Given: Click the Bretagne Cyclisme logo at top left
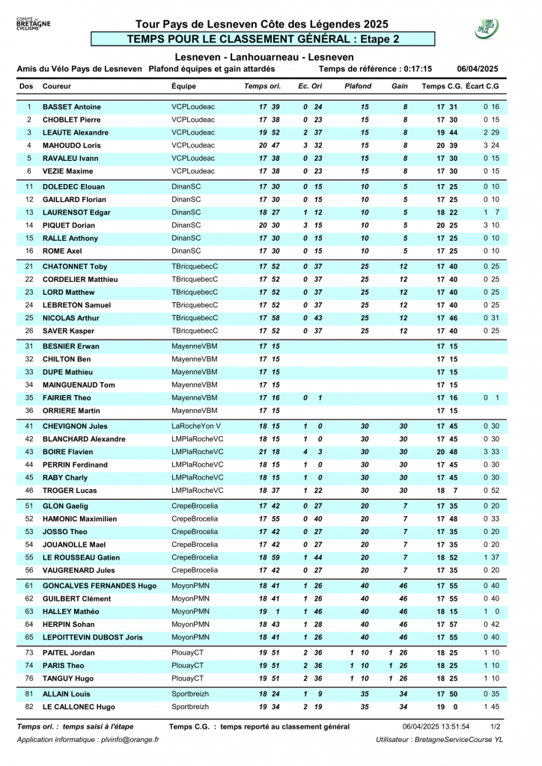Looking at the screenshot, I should point(33,25).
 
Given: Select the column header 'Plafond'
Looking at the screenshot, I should point(357,87).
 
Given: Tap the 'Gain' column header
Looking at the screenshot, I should point(400,87).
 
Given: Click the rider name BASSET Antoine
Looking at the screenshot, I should point(72,107).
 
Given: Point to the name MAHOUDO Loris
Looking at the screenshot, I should point(72,145).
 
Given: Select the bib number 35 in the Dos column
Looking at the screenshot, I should point(29,398).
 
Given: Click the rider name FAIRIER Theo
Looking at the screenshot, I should point(67,398).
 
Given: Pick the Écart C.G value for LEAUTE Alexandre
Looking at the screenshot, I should point(491,132).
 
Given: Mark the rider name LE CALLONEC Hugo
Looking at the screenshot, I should point(79,707).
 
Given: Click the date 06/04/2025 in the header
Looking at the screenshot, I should point(478,69).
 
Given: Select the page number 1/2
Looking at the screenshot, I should point(495,726).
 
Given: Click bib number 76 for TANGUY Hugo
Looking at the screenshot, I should point(29,678).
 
